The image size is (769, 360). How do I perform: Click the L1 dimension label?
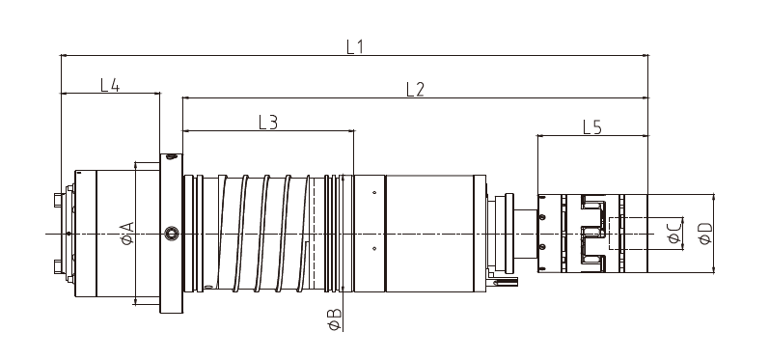click(x=354, y=46)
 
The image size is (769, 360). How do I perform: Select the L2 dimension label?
click(x=415, y=89)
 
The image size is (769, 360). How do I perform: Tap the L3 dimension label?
click(x=268, y=123)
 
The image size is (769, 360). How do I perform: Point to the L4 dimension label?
click(x=110, y=85)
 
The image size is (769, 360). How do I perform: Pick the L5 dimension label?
click(x=592, y=127)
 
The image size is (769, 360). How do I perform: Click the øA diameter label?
click(x=127, y=233)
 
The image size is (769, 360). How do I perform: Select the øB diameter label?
click(x=335, y=319)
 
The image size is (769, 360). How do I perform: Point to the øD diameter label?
click(x=705, y=234)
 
